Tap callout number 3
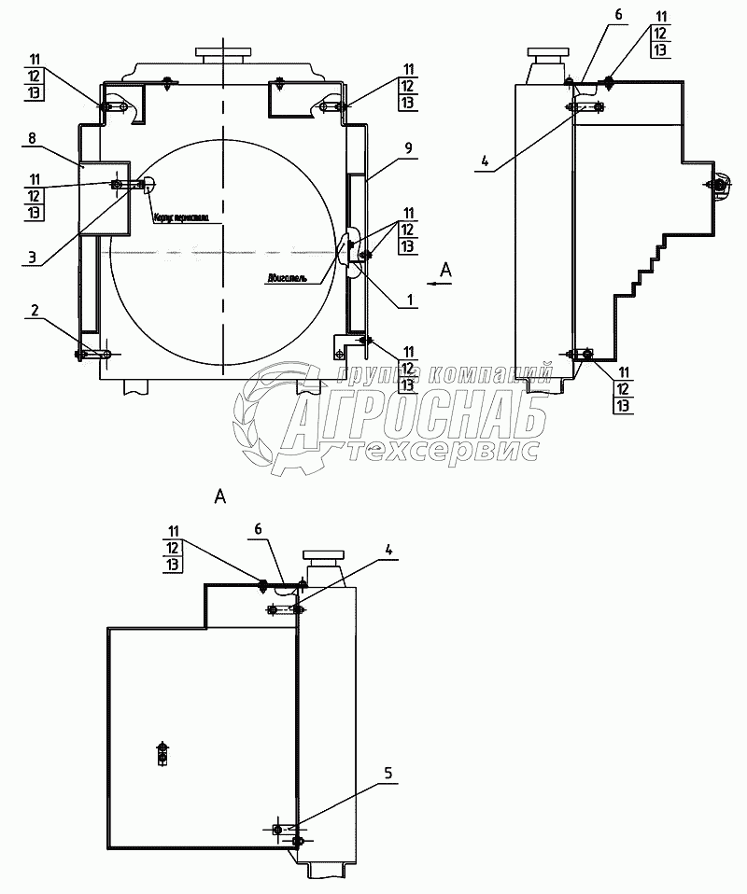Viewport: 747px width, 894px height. [32, 258]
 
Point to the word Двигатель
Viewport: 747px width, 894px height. [288, 277]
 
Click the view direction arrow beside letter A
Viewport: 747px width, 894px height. [437, 278]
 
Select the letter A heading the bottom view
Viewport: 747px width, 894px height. [220, 496]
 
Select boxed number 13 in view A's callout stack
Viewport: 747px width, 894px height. [174, 565]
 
